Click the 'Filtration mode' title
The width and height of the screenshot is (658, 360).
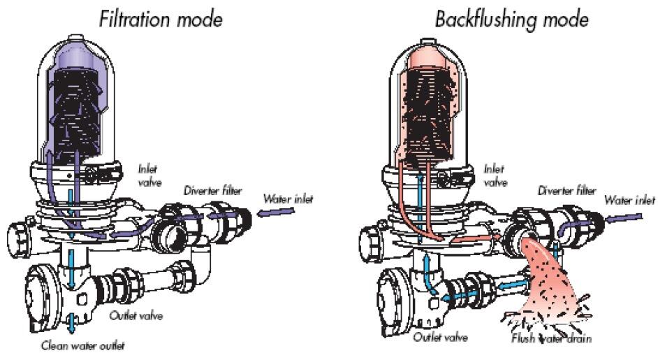[x=161, y=18]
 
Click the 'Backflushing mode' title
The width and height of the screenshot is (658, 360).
[x=511, y=19]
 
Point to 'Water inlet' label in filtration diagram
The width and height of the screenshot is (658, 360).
[x=288, y=199]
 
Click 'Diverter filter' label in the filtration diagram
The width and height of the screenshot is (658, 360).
[x=213, y=189]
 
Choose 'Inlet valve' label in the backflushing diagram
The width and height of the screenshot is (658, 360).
[x=495, y=174]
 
